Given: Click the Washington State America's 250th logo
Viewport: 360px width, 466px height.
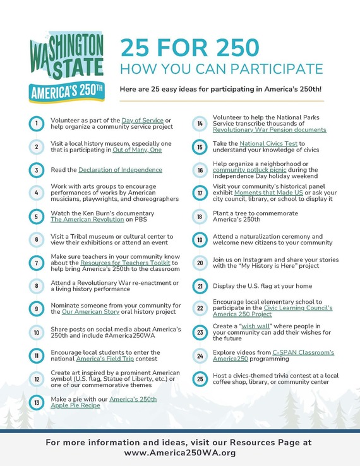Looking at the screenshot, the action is (66, 68).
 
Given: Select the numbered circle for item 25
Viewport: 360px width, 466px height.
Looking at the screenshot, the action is (200, 379).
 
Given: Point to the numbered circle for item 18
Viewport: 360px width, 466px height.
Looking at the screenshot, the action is (200, 217).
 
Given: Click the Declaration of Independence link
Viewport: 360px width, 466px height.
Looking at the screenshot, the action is (120, 170).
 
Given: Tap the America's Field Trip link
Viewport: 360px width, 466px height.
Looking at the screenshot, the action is (102, 361).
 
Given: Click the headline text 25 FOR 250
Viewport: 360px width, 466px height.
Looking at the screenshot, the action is (189, 47).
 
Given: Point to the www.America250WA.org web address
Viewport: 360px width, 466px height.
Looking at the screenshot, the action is (180, 453).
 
